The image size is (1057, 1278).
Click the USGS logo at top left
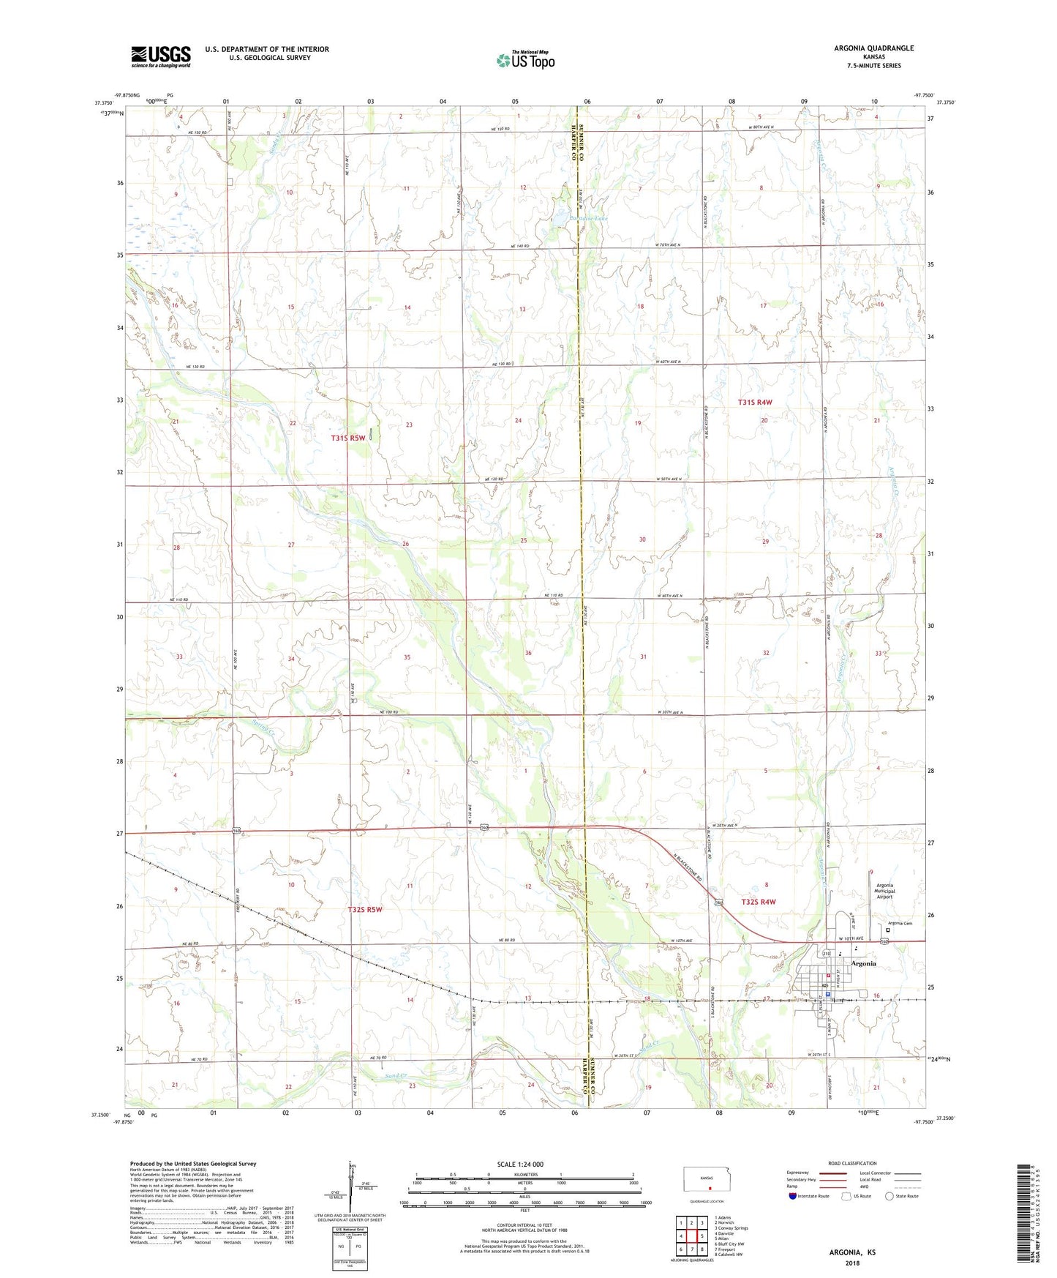pyautogui.click(x=160, y=56)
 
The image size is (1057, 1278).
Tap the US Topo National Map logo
pyautogui.click(x=524, y=60)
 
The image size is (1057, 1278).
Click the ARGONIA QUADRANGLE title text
pyautogui.click(x=873, y=48)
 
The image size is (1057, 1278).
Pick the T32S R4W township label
pyautogui.click(x=758, y=902)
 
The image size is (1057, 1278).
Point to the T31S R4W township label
pyautogui.click(x=754, y=403)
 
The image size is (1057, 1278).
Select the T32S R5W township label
pyautogui.click(x=364, y=909)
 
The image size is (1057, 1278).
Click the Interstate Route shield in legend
pyautogui.click(x=793, y=1197)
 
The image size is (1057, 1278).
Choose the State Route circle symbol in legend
pyautogui.click(x=889, y=1197)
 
